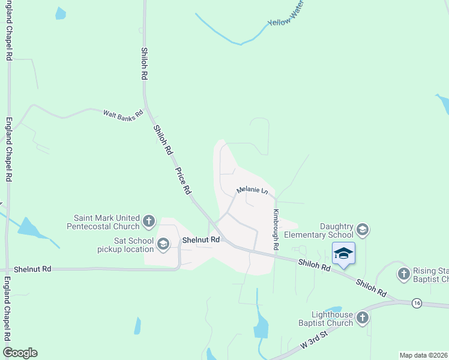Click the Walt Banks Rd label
[x=123, y=113]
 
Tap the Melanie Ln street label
[x=252, y=190]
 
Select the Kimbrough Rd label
[x=276, y=230]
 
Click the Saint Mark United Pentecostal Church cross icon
[x=149, y=222]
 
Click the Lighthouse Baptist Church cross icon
[x=362, y=318]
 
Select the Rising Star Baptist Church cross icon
[x=403, y=274]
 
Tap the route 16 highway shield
[x=417, y=304]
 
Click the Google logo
[x=20, y=352]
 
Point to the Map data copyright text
[x=423, y=355]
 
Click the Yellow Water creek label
[x=287, y=16]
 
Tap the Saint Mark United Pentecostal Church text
[x=107, y=222]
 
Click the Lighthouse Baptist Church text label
[x=332, y=319]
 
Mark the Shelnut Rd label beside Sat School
[x=201, y=239]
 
